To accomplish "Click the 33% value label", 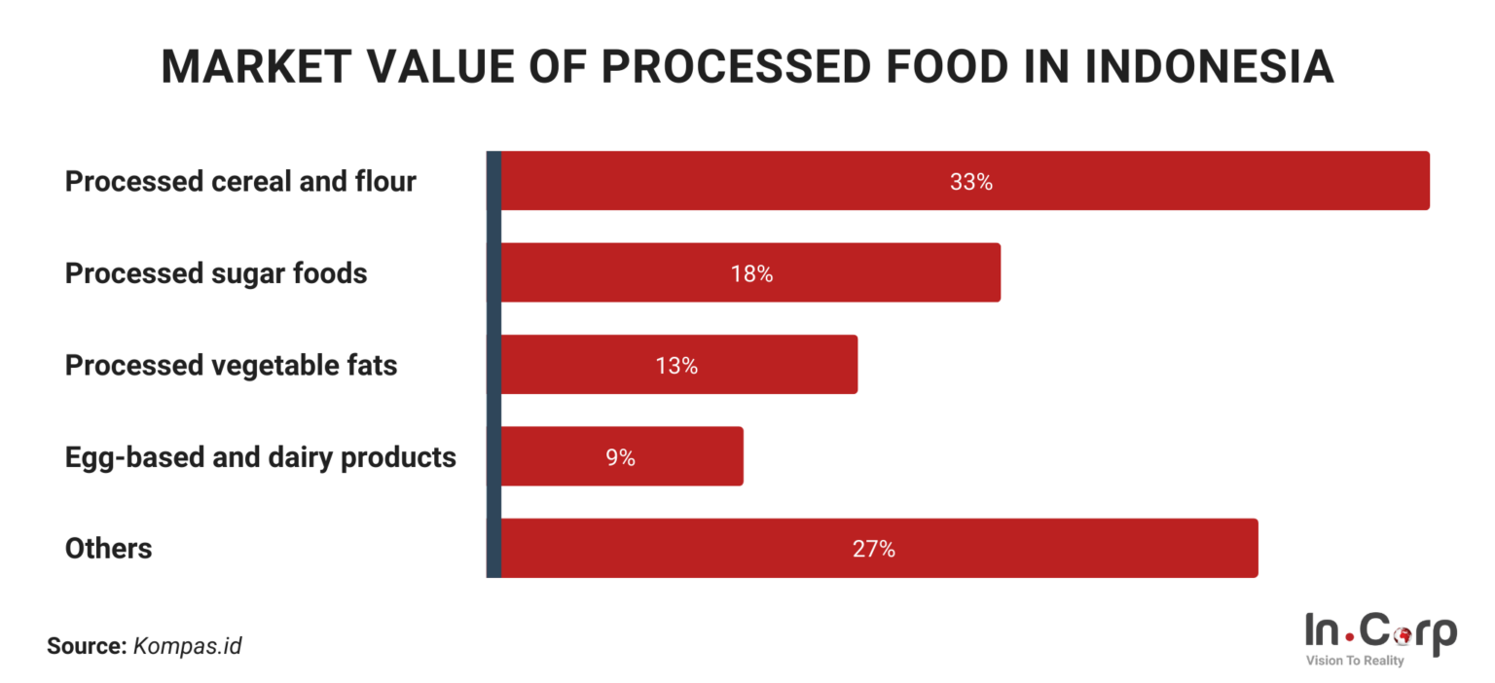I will tap(970, 182).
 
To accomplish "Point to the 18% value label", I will tap(751, 274).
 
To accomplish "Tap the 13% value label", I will tap(676, 366).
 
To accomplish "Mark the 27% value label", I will tap(873, 550).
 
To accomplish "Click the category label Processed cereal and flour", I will tap(240, 182).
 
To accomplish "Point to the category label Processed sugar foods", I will tap(216, 273).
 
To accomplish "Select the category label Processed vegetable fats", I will tap(231, 366).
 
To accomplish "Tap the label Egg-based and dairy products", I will tap(260, 457).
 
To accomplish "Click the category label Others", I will tap(108, 549).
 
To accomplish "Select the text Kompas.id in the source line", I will tap(187, 645).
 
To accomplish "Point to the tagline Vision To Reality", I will tap(1354, 662).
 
